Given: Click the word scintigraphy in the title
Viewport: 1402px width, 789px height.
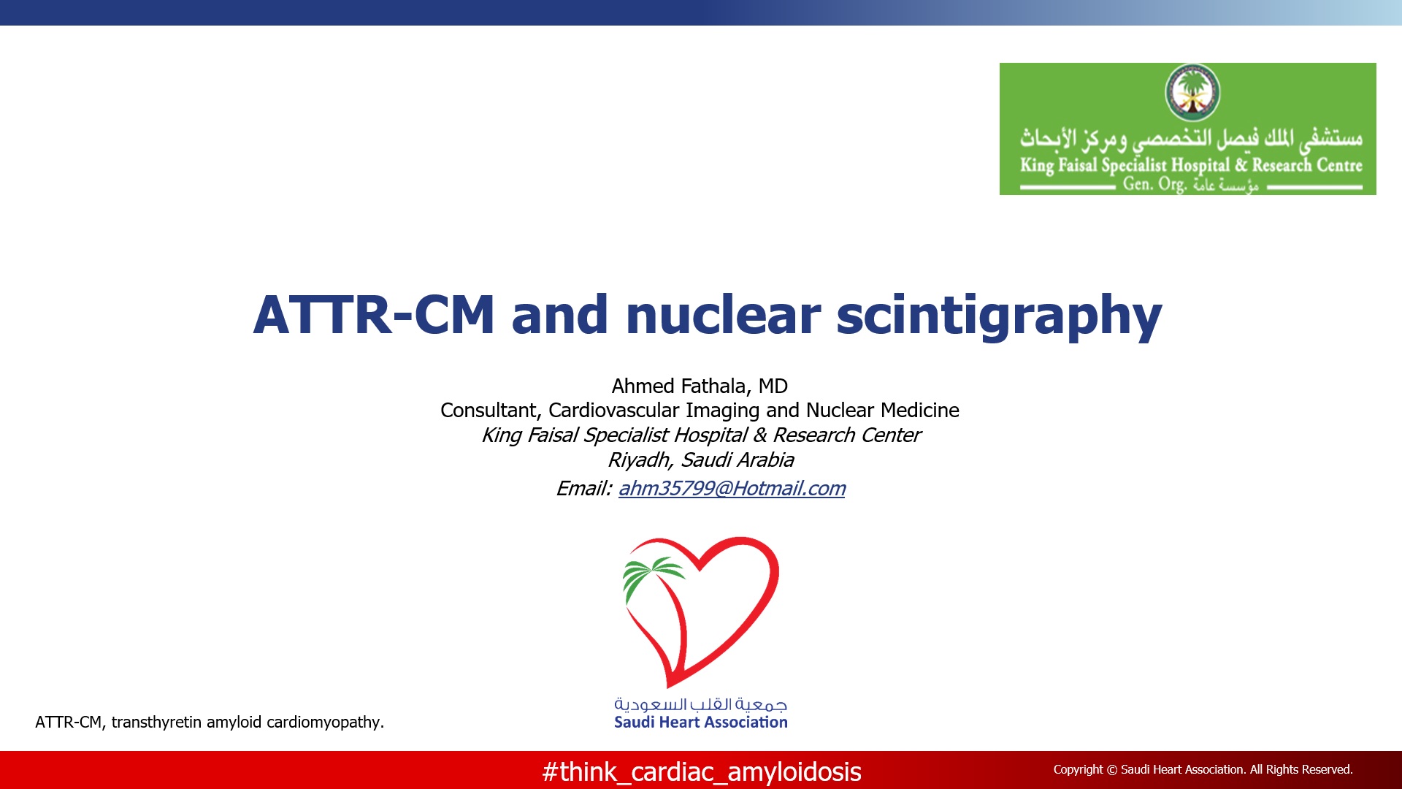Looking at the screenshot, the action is point(999,316).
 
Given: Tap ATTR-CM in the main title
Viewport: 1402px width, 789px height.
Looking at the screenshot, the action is point(374,315).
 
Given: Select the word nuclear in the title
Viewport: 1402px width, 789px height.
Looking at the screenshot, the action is point(723,315).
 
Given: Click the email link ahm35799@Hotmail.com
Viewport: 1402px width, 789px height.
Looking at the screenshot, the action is point(732,488).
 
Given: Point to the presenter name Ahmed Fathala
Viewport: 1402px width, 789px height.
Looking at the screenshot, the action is point(678,386).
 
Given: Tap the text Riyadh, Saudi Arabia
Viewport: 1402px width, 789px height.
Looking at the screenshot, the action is point(701,460).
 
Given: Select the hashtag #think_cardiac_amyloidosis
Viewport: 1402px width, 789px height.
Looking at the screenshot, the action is point(702,772).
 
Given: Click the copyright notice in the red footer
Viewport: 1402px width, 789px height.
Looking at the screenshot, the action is point(1203,769).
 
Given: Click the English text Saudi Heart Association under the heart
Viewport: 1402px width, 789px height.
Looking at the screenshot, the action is point(701,723).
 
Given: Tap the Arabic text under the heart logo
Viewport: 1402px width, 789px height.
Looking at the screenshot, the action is point(701,704).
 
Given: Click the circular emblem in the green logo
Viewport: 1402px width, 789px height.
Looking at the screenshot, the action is point(1192,92).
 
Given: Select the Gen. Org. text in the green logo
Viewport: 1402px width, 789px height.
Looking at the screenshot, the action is point(1154,183).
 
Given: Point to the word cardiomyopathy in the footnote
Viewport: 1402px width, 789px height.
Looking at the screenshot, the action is point(325,723).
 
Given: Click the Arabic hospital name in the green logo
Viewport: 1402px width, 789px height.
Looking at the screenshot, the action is point(1191,138).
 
